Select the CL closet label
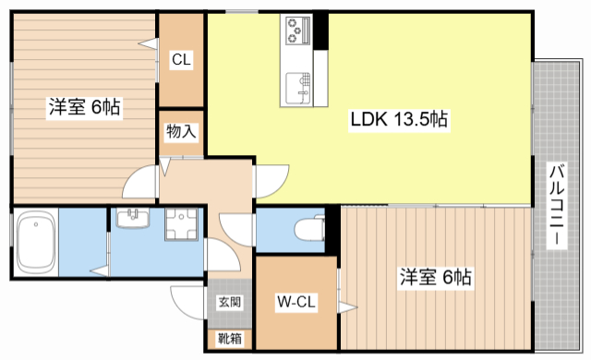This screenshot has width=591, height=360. (x=181, y=60)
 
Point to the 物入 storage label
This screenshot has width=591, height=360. (x=181, y=132)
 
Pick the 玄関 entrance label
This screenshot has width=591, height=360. (x=230, y=302)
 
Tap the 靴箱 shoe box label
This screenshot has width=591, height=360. (x=230, y=339)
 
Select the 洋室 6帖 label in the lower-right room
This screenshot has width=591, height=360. (x=436, y=276)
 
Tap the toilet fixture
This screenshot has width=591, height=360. (x=310, y=227)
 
